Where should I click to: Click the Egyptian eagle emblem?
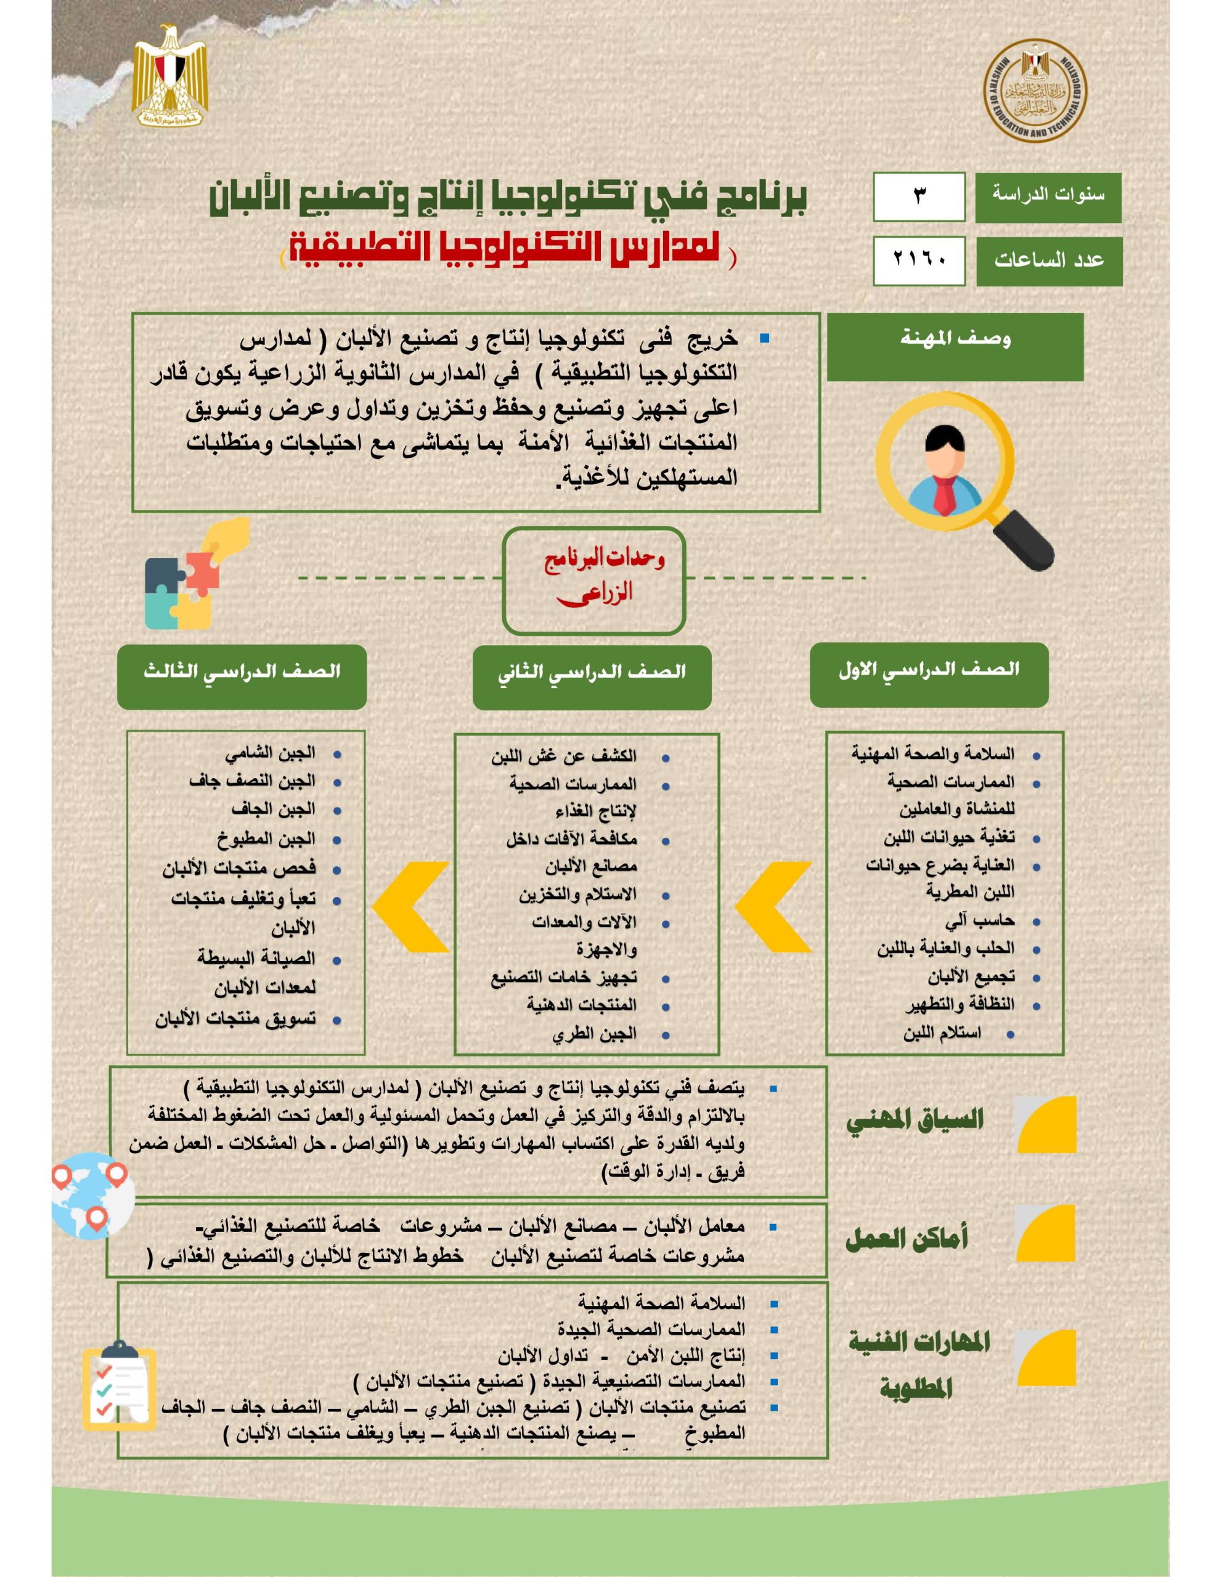(x=169, y=76)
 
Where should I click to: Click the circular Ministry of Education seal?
(x=1035, y=91)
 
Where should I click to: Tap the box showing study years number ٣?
(x=918, y=197)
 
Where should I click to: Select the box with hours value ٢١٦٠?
(x=918, y=261)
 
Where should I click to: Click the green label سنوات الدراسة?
(x=1048, y=197)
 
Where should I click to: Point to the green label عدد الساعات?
(x=1048, y=261)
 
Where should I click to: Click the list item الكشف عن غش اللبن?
(x=564, y=756)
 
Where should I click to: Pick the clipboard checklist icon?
(x=118, y=1387)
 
